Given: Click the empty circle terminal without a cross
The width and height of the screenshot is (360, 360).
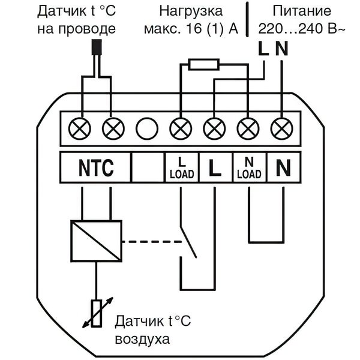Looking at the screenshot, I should point(146,128).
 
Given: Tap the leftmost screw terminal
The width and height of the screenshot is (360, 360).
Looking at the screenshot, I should point(79,128).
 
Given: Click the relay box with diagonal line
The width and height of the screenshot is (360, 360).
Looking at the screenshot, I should point(96,242).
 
